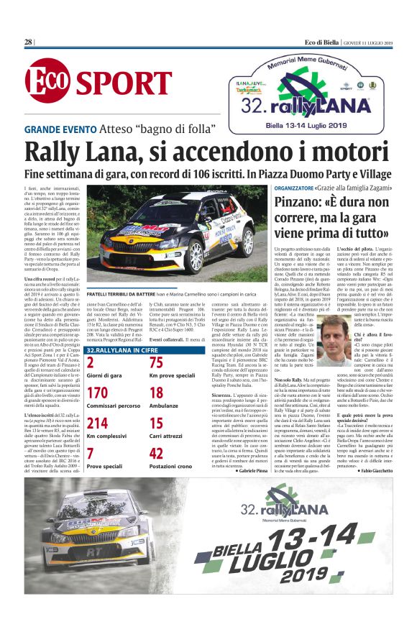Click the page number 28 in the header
pos(29,42)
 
